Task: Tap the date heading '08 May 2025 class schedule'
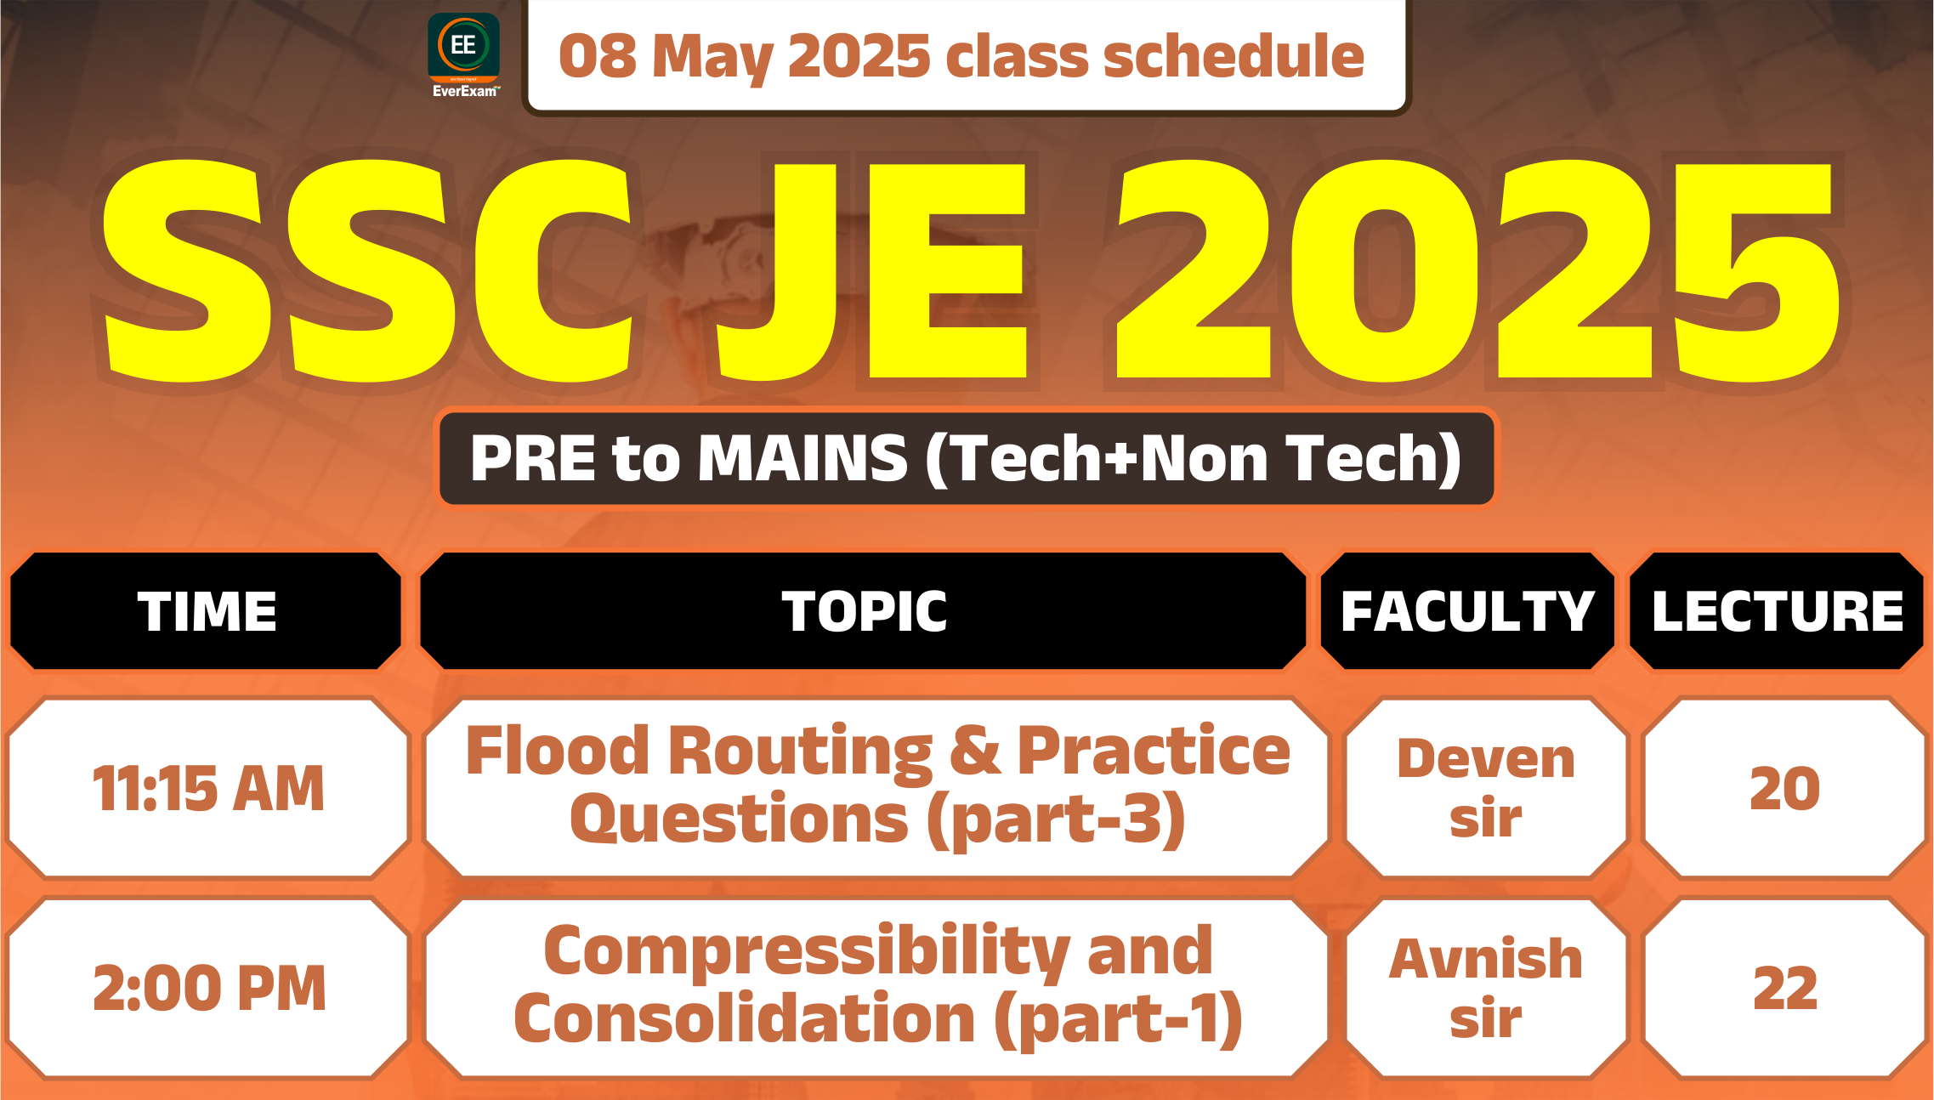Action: (x=961, y=56)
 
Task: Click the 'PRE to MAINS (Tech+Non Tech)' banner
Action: (x=967, y=458)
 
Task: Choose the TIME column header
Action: (x=206, y=610)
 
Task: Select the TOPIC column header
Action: (x=864, y=610)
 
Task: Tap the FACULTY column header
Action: (x=1467, y=610)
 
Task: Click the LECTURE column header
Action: (x=1777, y=610)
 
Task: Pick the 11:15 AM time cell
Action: (x=208, y=787)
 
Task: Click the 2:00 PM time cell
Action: (x=208, y=988)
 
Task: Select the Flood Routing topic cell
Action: (x=877, y=787)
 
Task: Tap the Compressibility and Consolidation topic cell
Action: (x=877, y=988)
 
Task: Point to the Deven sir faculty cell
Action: (x=1486, y=787)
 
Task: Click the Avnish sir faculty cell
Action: (x=1486, y=988)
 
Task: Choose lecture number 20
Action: (x=1784, y=787)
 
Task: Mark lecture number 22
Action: (x=1784, y=988)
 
